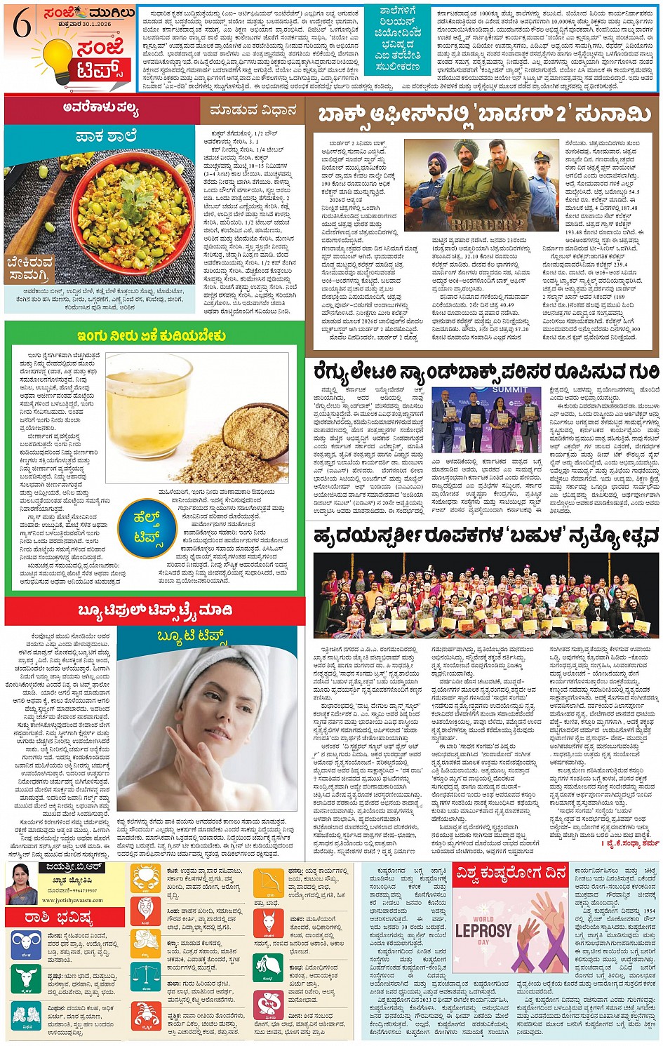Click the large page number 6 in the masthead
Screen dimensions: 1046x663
[x=22, y=25]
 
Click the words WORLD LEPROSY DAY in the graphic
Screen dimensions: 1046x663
[x=483, y=930]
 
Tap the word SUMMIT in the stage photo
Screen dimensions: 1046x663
[x=509, y=389]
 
